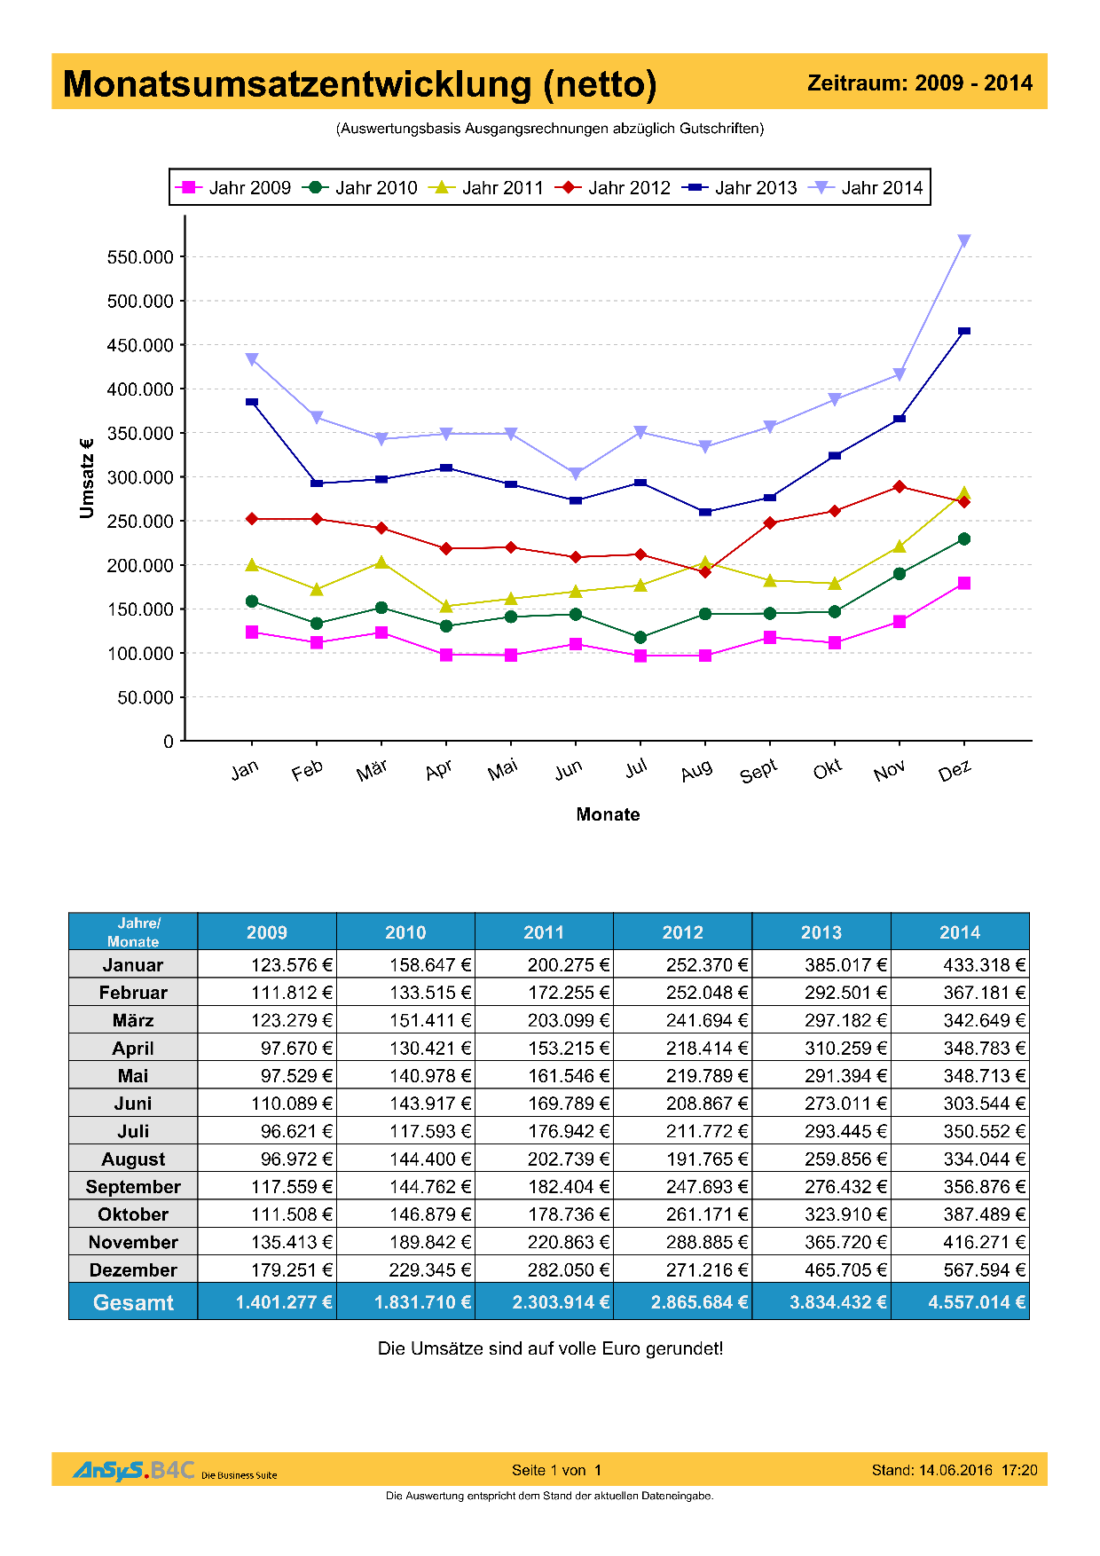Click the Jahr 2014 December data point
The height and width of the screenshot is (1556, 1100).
coord(964,240)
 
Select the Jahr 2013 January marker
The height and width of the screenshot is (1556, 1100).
coord(252,402)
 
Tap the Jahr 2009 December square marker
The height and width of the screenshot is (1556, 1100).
coord(964,583)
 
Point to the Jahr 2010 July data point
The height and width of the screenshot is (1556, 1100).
coord(640,637)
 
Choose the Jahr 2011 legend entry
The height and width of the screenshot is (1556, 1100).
coord(487,187)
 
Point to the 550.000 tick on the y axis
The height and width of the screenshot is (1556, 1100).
coord(140,257)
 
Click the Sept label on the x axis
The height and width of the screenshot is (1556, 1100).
coord(758,771)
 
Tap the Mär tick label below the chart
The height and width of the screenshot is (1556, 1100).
coord(372,770)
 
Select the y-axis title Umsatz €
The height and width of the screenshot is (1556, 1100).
coord(86,477)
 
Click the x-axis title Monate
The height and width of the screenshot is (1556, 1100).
coord(608,814)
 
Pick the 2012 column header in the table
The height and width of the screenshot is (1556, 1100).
coord(682,932)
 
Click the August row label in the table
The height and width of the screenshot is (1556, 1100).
coord(133,1159)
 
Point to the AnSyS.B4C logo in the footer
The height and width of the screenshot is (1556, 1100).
coord(133,1470)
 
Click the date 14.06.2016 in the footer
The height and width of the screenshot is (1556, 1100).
coord(955,1470)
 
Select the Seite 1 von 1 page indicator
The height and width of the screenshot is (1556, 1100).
coord(556,1470)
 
